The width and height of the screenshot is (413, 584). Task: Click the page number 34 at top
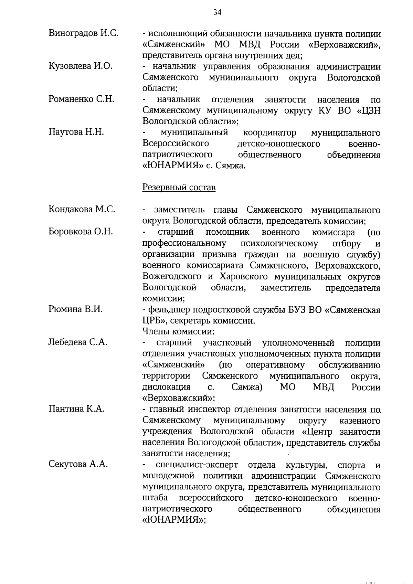(217, 13)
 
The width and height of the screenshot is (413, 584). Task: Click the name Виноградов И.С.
(84, 34)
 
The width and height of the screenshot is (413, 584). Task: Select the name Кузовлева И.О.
(81, 66)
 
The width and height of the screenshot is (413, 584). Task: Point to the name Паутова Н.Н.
(76, 132)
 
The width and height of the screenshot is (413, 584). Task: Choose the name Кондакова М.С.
(82, 209)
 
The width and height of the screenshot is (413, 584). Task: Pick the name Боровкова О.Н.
(81, 232)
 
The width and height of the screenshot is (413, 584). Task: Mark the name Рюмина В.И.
(75, 309)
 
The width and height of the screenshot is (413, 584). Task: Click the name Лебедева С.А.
(78, 342)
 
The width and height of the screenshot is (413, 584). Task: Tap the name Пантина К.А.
(76, 409)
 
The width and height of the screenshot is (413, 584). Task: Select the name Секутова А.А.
(78, 465)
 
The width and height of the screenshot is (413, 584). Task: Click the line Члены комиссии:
(178, 332)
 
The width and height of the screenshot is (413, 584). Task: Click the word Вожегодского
(172, 277)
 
